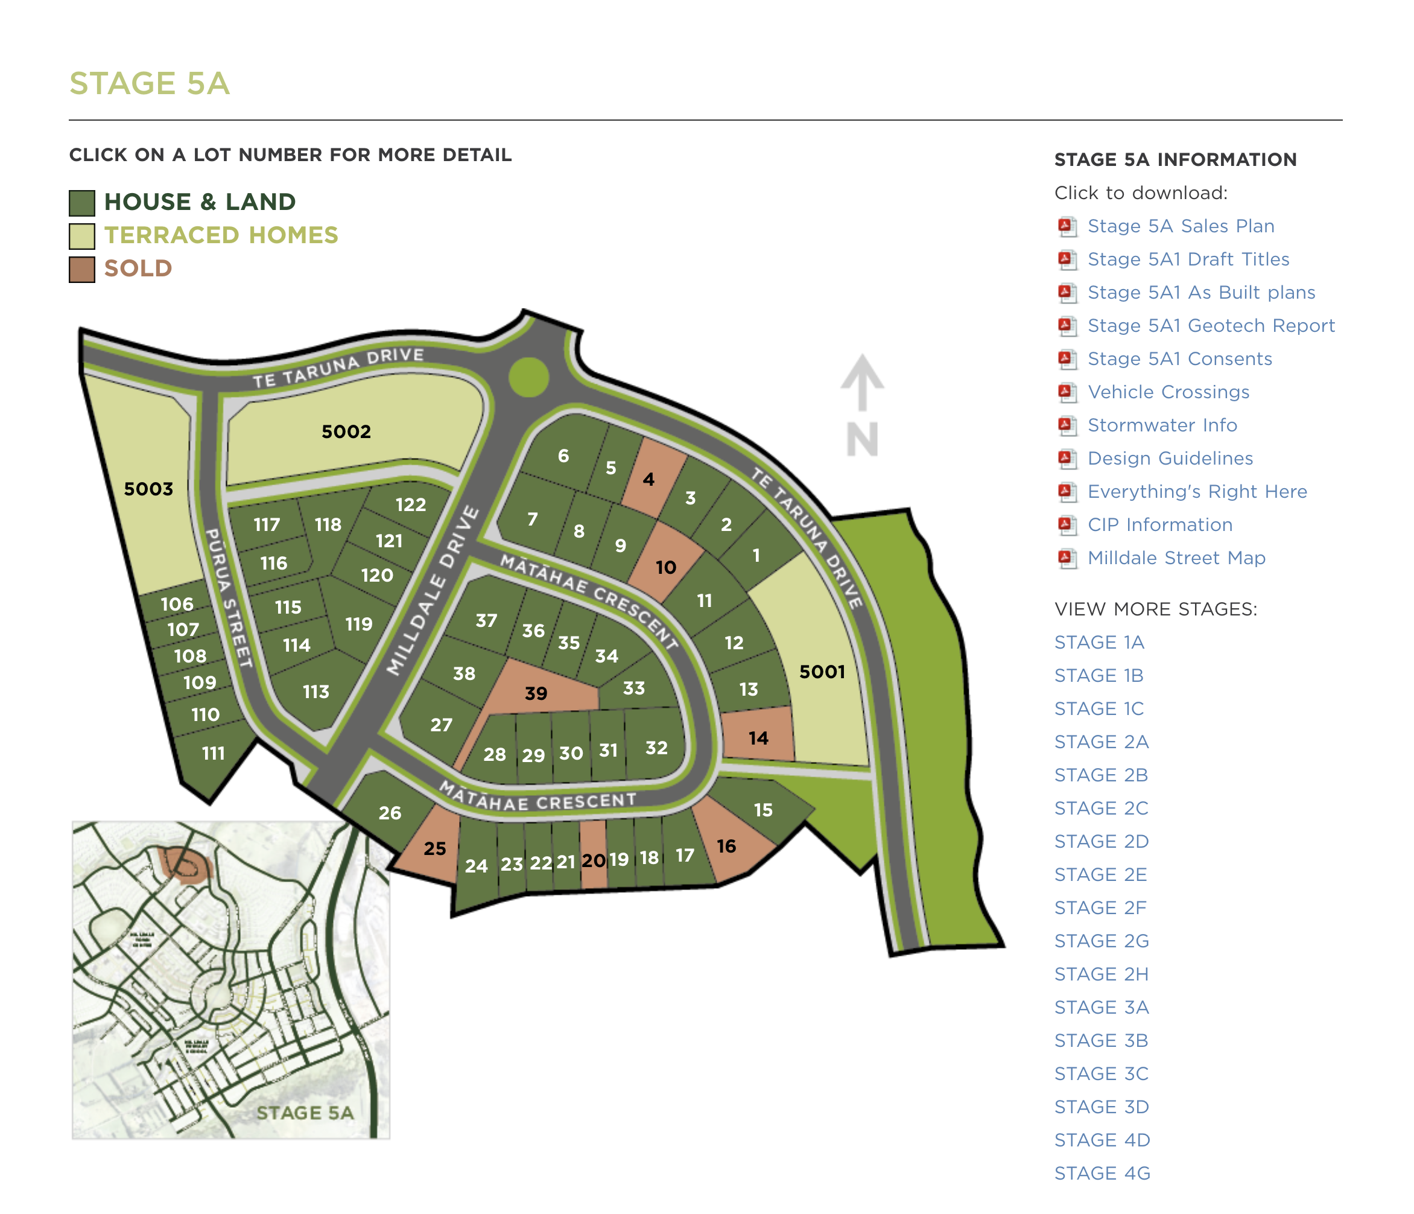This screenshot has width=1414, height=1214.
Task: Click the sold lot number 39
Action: pos(536,693)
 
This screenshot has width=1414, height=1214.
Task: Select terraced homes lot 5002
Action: pos(346,431)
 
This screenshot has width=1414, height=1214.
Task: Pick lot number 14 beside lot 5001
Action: pos(758,738)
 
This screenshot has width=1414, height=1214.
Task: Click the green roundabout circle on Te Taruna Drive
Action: pos(529,377)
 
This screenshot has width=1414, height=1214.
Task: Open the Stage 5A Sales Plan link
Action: pos(1181,226)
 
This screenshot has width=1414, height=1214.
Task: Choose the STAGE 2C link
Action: pos(1101,808)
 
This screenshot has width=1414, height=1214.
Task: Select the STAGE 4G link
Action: pos(1102,1173)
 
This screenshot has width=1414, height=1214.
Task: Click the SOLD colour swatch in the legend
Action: pos(82,269)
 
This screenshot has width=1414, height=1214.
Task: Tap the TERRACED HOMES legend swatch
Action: pos(82,236)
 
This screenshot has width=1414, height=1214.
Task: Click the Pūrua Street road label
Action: pos(229,598)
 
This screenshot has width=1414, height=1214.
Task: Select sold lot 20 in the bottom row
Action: pos(594,860)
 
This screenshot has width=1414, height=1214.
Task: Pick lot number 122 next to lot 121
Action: pos(410,504)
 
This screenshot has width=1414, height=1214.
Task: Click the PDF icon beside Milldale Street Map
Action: pos(1067,558)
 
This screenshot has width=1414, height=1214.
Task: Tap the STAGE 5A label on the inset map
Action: pos(305,1113)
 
